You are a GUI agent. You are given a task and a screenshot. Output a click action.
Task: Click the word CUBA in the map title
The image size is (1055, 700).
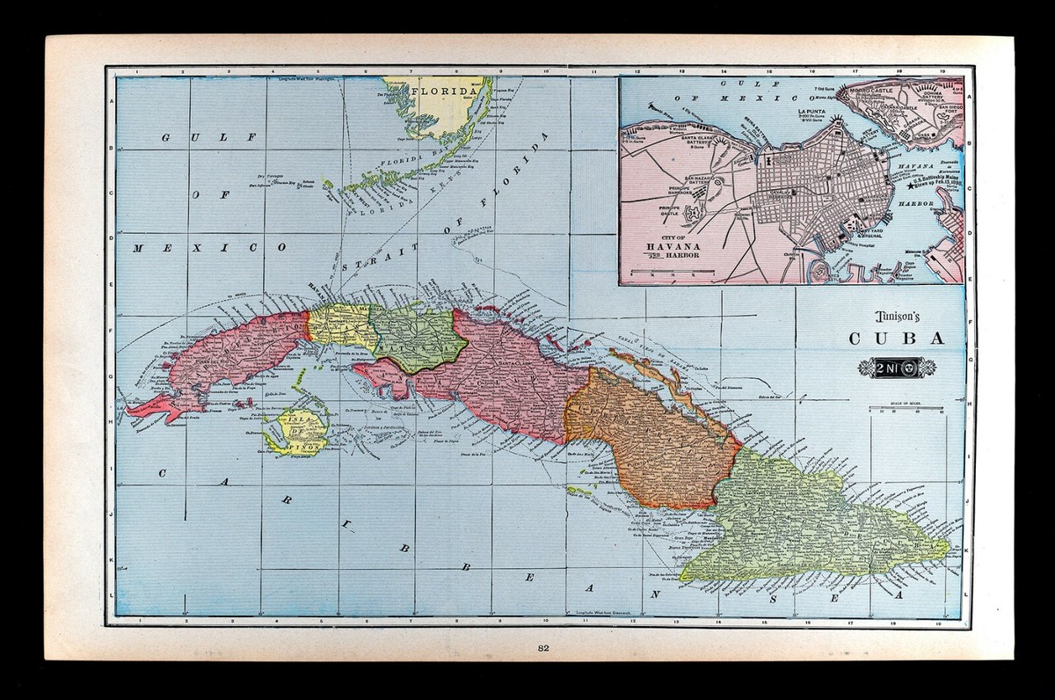(x=885, y=339)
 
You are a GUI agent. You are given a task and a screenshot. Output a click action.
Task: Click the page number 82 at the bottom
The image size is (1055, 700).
(x=542, y=649)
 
